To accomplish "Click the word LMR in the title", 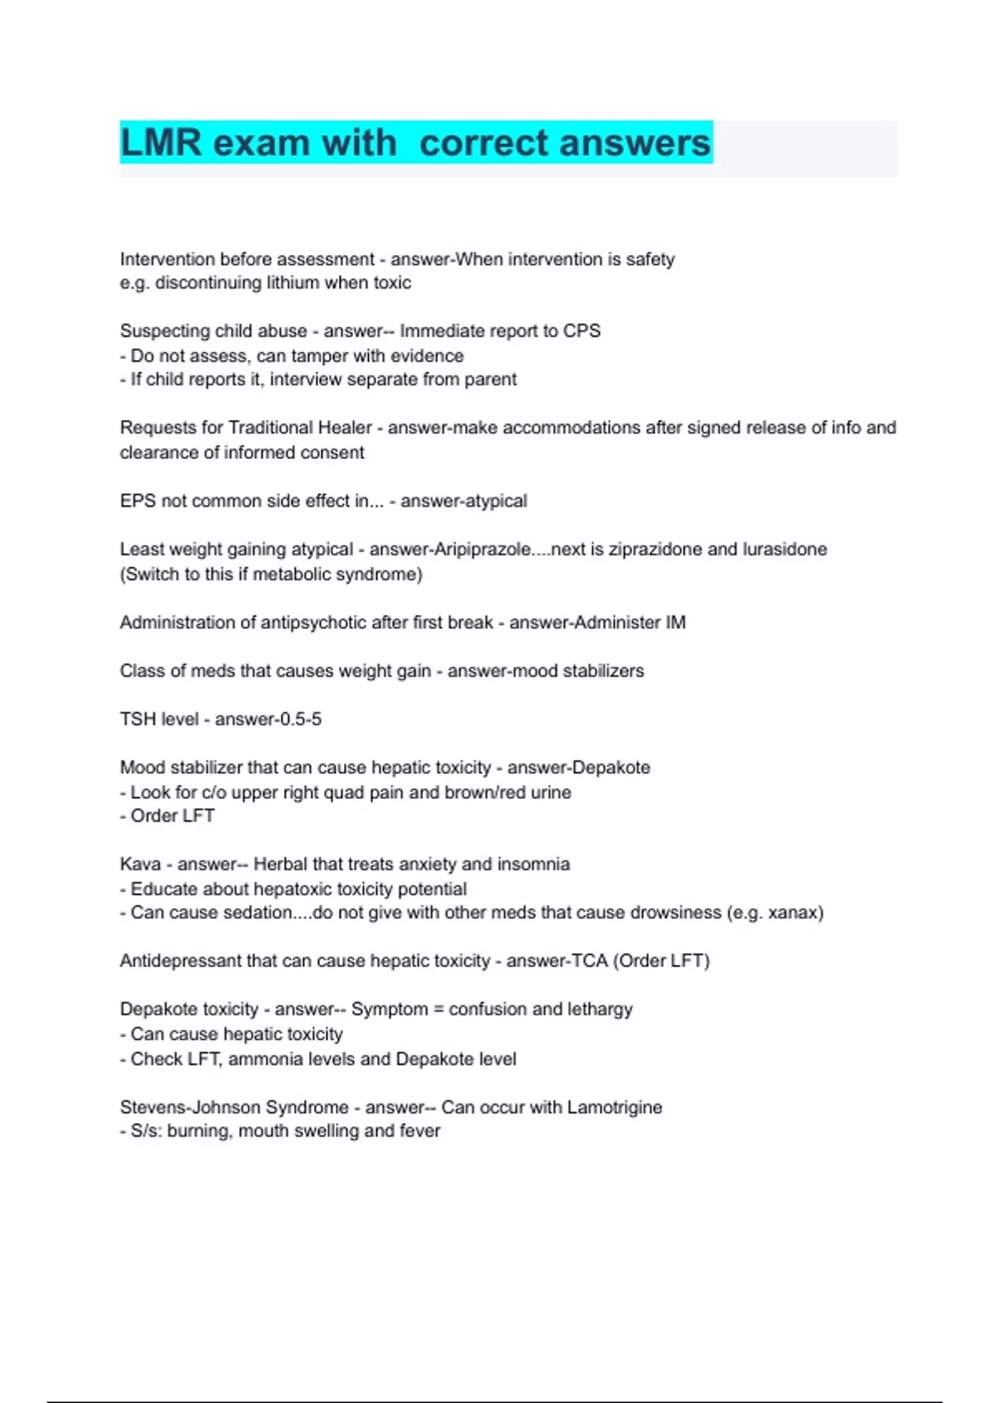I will coord(161,143).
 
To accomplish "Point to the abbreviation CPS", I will coord(582,331).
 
